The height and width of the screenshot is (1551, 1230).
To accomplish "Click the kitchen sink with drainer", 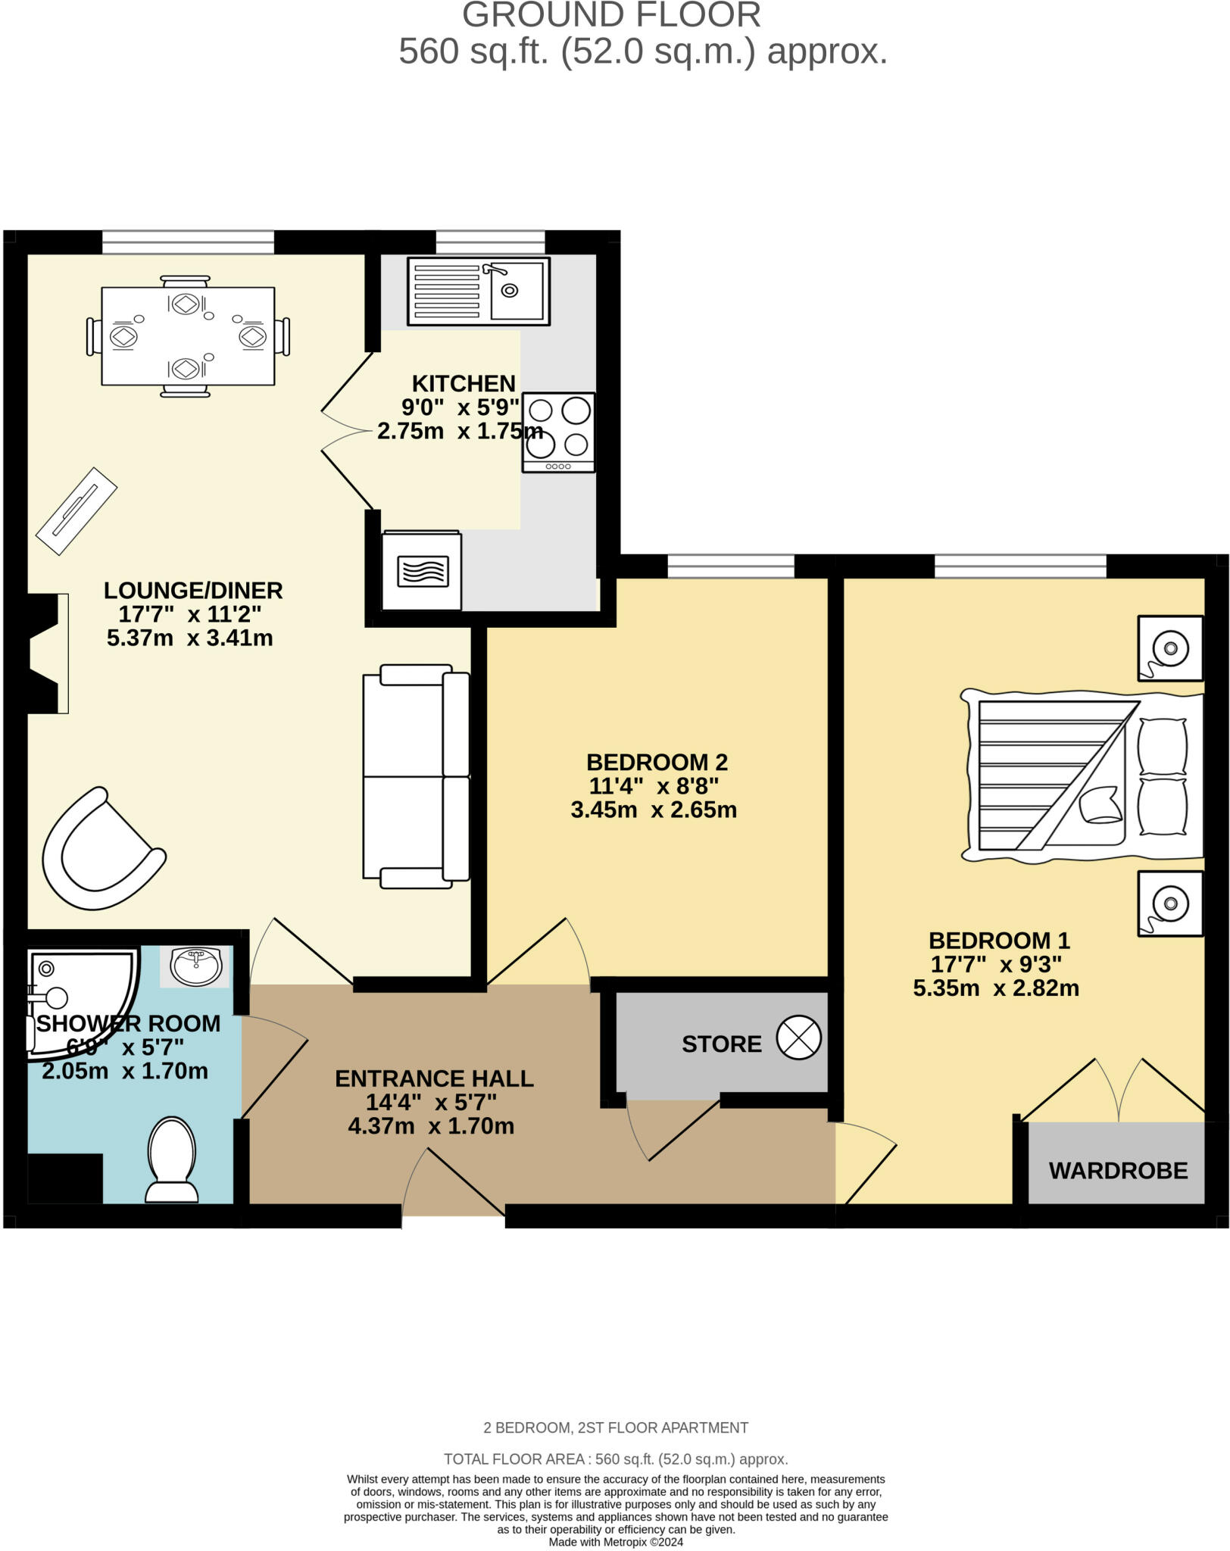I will click(478, 292).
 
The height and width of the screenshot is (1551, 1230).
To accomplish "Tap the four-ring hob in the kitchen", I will click(558, 432).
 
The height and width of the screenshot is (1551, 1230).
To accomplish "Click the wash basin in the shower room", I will click(196, 966).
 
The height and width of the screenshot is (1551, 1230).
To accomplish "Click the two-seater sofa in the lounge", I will click(415, 775).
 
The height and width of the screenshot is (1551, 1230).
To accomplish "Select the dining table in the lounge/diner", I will click(188, 335).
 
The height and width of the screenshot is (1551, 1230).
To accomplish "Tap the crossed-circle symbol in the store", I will click(798, 1038).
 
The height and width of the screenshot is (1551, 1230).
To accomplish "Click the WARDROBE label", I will click(1118, 1171).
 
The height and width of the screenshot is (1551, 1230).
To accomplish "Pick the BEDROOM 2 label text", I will click(657, 762).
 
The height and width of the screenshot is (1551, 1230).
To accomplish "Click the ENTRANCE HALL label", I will click(434, 1078).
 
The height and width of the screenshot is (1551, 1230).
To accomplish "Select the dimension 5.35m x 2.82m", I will click(996, 988).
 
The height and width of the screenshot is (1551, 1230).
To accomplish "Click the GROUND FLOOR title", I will click(611, 15).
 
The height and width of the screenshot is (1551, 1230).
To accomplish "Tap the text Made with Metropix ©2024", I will click(616, 1542).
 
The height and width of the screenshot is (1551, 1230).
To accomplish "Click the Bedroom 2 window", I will click(731, 566).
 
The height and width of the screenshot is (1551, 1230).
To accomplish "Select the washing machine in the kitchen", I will click(422, 570).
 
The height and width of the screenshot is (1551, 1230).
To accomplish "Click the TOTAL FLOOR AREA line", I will click(616, 1459).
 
